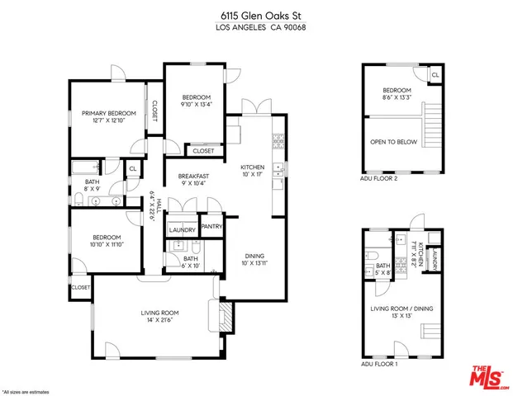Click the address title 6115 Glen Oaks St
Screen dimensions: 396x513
click(255, 15)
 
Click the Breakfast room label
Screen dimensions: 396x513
click(193, 179)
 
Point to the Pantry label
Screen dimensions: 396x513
click(211, 226)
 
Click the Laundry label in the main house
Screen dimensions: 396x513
click(182, 230)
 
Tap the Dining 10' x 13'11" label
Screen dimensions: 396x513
click(255, 259)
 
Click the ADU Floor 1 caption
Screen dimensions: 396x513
click(379, 363)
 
